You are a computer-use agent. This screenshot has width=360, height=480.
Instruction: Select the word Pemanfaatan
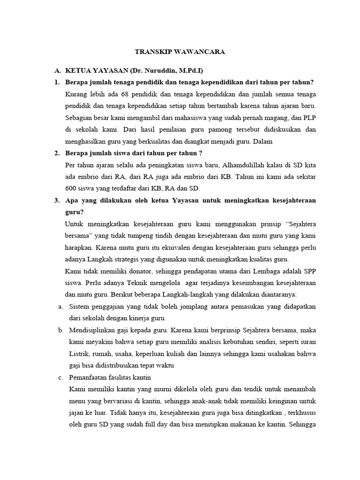[x=87, y=377]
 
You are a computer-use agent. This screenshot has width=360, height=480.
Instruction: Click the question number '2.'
[x=57, y=153]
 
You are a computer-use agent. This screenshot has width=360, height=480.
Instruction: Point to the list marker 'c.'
[x=61, y=377]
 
